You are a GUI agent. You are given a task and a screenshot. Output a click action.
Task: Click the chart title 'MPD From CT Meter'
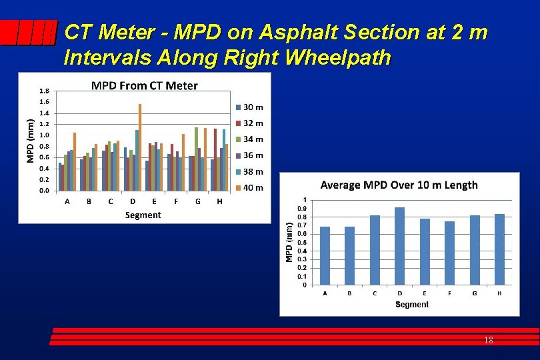(144, 85)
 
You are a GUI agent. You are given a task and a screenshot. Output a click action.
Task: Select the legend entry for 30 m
(249, 107)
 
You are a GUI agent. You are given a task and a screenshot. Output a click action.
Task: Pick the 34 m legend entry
(249, 139)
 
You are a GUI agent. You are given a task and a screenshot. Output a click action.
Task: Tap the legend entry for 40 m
(249, 188)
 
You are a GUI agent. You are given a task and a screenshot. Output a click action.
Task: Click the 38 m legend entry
(249, 171)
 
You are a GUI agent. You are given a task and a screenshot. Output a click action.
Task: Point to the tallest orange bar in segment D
(140, 147)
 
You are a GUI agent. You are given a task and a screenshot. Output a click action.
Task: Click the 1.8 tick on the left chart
(43, 91)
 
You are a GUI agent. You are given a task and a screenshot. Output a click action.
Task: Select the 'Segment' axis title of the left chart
(143, 215)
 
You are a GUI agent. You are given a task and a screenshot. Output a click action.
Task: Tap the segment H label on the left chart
(219, 201)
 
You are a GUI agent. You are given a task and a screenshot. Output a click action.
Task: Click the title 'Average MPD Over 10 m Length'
(399, 185)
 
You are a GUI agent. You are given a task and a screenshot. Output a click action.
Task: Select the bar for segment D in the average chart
(399, 247)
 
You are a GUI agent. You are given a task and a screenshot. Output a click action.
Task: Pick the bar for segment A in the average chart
(325, 256)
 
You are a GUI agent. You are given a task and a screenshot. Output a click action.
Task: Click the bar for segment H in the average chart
(499, 250)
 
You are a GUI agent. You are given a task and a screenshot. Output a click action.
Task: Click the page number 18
(488, 340)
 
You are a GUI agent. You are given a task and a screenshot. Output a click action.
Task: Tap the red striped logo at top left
(27, 33)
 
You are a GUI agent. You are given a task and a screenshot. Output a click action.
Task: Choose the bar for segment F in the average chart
(449, 253)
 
